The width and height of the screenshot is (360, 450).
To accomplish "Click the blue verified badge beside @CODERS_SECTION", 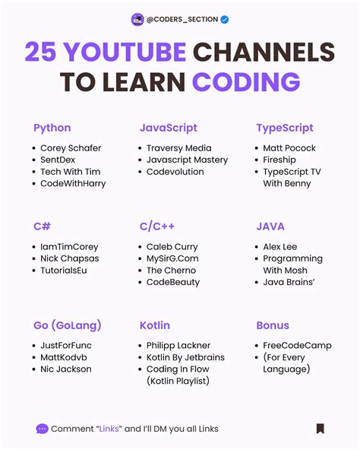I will click(x=225, y=20).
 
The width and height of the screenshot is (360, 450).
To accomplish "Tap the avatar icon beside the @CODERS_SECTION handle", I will click(x=137, y=20).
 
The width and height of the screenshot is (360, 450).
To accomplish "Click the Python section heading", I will click(x=52, y=128).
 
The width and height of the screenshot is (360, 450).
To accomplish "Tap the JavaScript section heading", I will click(x=168, y=128).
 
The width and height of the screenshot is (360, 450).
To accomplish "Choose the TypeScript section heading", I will click(x=285, y=128).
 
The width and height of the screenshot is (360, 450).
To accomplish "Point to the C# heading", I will click(x=42, y=227).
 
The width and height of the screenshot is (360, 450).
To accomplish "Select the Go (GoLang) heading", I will click(x=68, y=325).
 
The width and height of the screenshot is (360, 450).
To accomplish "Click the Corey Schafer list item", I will click(x=71, y=148).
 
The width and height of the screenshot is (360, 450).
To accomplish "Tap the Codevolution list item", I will click(x=175, y=172).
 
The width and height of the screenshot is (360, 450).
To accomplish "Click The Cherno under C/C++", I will click(x=171, y=270).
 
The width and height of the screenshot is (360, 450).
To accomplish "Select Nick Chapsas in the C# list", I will click(x=69, y=258).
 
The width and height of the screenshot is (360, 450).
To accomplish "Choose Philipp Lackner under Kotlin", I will click(x=178, y=345).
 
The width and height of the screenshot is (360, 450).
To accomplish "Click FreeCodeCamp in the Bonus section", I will click(x=298, y=345).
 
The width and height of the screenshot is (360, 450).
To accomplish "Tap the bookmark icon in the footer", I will click(x=321, y=429).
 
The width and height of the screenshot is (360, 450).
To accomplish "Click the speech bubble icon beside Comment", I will click(x=42, y=429).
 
